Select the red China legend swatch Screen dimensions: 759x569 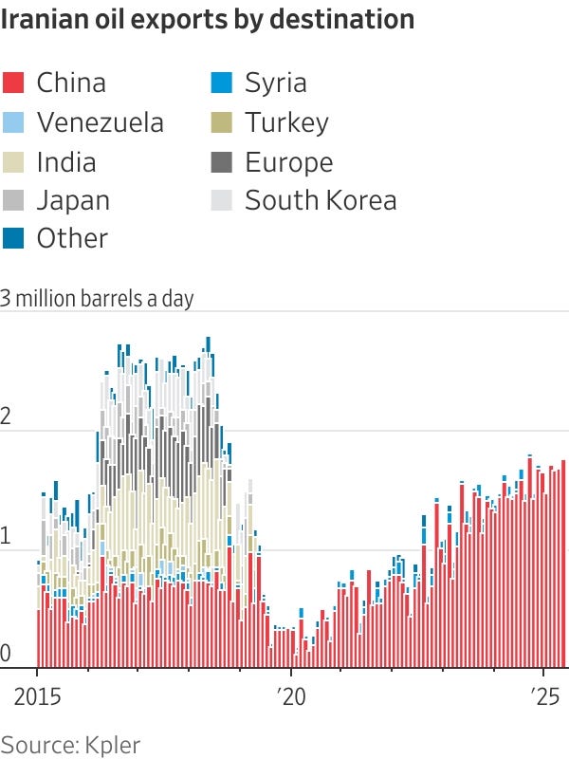coord(13,83)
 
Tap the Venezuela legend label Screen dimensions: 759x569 coord(100,122)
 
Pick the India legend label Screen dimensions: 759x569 coord(65,162)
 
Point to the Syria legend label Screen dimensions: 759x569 coord(275,83)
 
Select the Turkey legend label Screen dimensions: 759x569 coord(286,122)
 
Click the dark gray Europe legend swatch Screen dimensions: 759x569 coord(222,162)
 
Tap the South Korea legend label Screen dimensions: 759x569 coord(321,200)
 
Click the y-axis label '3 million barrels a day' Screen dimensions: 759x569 coord(97,299)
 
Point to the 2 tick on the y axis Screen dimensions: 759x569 coord(7,417)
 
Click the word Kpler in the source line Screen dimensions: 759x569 coord(112,744)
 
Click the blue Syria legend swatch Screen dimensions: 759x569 coord(222,83)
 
